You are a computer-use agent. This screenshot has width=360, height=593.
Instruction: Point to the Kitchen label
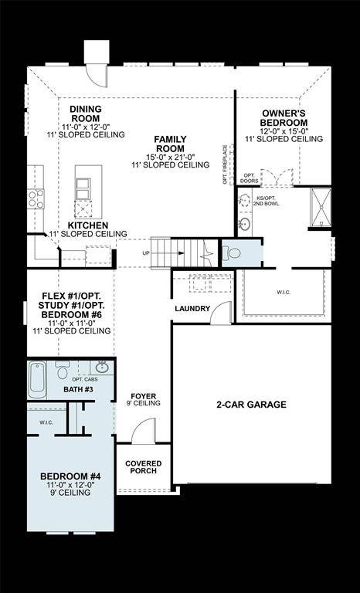tap(87, 225)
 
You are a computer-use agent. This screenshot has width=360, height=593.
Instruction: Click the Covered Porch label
tap(142, 466)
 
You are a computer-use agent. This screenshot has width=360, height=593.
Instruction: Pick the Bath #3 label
tap(78, 389)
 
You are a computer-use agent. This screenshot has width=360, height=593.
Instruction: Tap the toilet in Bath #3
tap(63, 370)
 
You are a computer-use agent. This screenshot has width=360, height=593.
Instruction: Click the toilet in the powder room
tap(233, 252)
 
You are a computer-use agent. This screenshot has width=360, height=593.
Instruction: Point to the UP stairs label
tap(147, 253)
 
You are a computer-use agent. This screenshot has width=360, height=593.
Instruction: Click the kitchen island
tap(83, 193)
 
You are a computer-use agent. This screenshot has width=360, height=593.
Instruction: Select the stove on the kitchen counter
tap(36, 199)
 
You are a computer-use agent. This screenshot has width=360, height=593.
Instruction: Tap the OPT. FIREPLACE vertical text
tap(225, 163)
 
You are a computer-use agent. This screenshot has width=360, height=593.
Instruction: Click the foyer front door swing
tap(144, 432)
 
